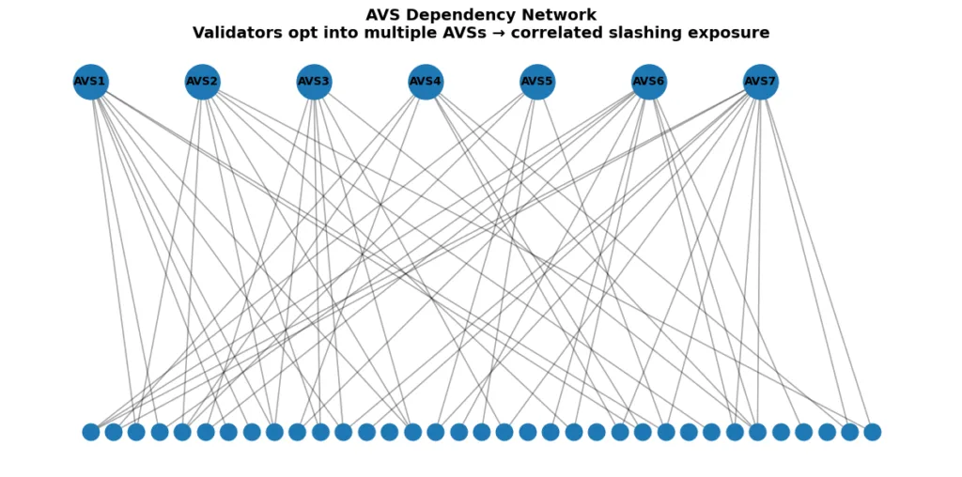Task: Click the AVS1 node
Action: point(90,82)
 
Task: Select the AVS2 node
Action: point(202,82)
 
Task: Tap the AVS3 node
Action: point(314,82)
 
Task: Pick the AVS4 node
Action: point(426,82)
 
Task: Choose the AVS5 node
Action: point(537,82)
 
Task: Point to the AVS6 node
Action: point(648,82)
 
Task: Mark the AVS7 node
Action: point(760,82)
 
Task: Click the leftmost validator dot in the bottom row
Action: point(91,432)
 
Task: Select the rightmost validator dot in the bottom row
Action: point(873,432)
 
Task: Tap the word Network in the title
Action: point(560,15)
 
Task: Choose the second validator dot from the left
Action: point(114,432)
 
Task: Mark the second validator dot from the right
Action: point(849,432)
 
